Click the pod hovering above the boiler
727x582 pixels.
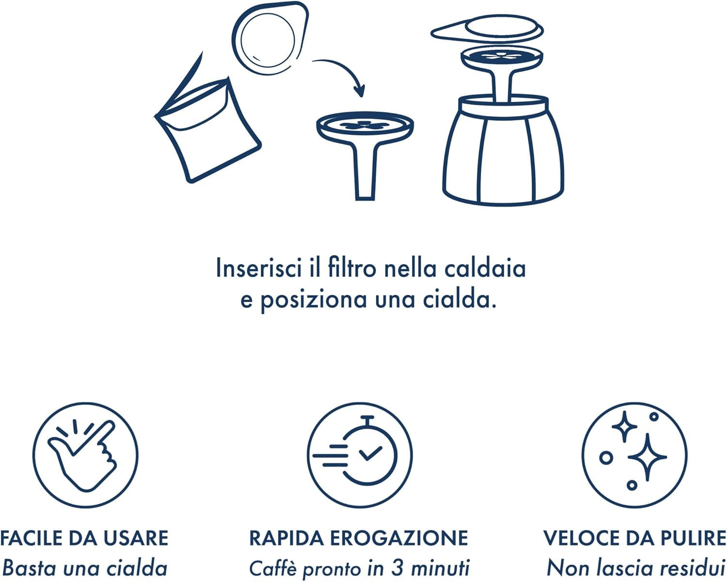pyautogui.click(x=487, y=30)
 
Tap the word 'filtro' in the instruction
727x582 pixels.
pyautogui.click(x=352, y=268)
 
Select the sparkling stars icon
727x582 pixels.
pyautogui.click(x=634, y=455)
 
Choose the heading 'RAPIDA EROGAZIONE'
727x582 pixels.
pyautogui.click(x=359, y=538)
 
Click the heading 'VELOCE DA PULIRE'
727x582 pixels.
pyautogui.click(x=634, y=538)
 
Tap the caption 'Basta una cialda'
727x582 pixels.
pyautogui.click(x=84, y=568)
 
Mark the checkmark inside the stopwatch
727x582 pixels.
pyautogui.click(x=370, y=454)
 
